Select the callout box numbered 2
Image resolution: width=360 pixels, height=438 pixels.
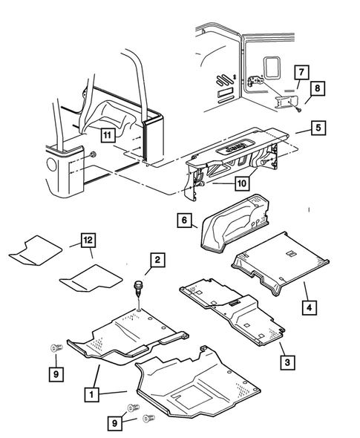(157, 260)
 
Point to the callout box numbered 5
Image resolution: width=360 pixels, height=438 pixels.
(317, 127)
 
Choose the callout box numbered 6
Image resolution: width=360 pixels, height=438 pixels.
(185, 220)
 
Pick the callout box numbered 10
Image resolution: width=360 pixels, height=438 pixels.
(223, 183)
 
